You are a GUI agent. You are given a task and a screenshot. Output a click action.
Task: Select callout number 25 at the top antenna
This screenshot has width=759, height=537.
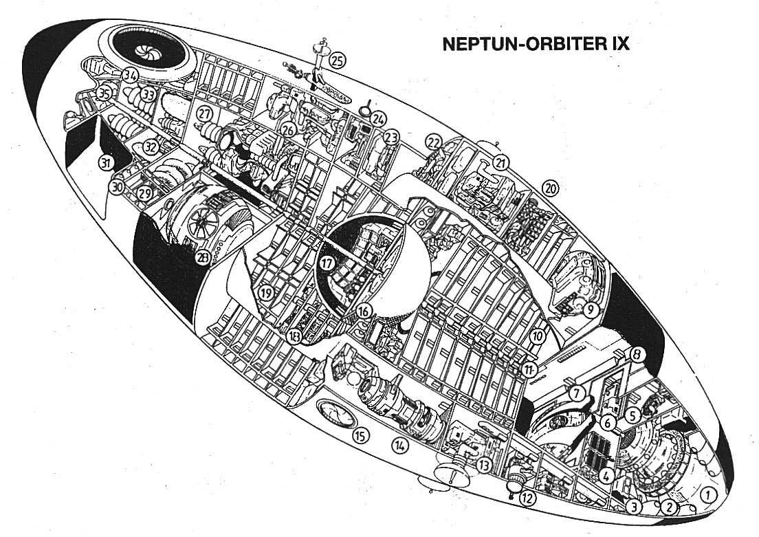(337, 61)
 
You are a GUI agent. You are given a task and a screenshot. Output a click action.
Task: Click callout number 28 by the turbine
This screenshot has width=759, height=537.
(202, 259)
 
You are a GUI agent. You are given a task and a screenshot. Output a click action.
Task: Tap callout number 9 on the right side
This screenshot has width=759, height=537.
(589, 309)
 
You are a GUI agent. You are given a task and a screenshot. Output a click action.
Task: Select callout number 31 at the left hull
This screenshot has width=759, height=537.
(105, 163)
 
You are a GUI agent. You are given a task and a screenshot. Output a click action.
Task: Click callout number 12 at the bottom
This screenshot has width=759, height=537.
(527, 499)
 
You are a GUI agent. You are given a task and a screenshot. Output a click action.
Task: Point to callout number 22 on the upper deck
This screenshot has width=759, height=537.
(433, 142)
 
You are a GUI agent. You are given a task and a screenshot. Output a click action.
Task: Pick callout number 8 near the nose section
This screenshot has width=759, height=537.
(637, 355)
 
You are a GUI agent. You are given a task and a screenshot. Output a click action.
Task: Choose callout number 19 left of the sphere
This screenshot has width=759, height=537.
(267, 293)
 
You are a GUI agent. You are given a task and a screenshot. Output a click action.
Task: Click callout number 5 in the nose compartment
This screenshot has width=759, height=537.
(632, 415)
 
